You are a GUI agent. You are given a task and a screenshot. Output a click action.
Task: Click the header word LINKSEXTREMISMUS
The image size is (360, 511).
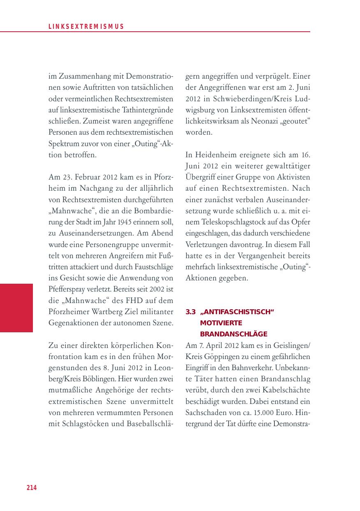point(86,27)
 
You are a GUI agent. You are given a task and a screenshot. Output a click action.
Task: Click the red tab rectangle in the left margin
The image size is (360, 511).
point(16,308)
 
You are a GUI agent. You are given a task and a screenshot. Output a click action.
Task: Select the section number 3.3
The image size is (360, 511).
point(190,312)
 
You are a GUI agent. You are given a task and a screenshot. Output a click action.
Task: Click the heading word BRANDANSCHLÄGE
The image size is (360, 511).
point(234,334)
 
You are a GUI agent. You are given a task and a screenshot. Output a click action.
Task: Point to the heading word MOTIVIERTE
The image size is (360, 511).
point(221,323)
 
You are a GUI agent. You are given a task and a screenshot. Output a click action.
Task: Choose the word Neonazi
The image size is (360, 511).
point(260,121)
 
